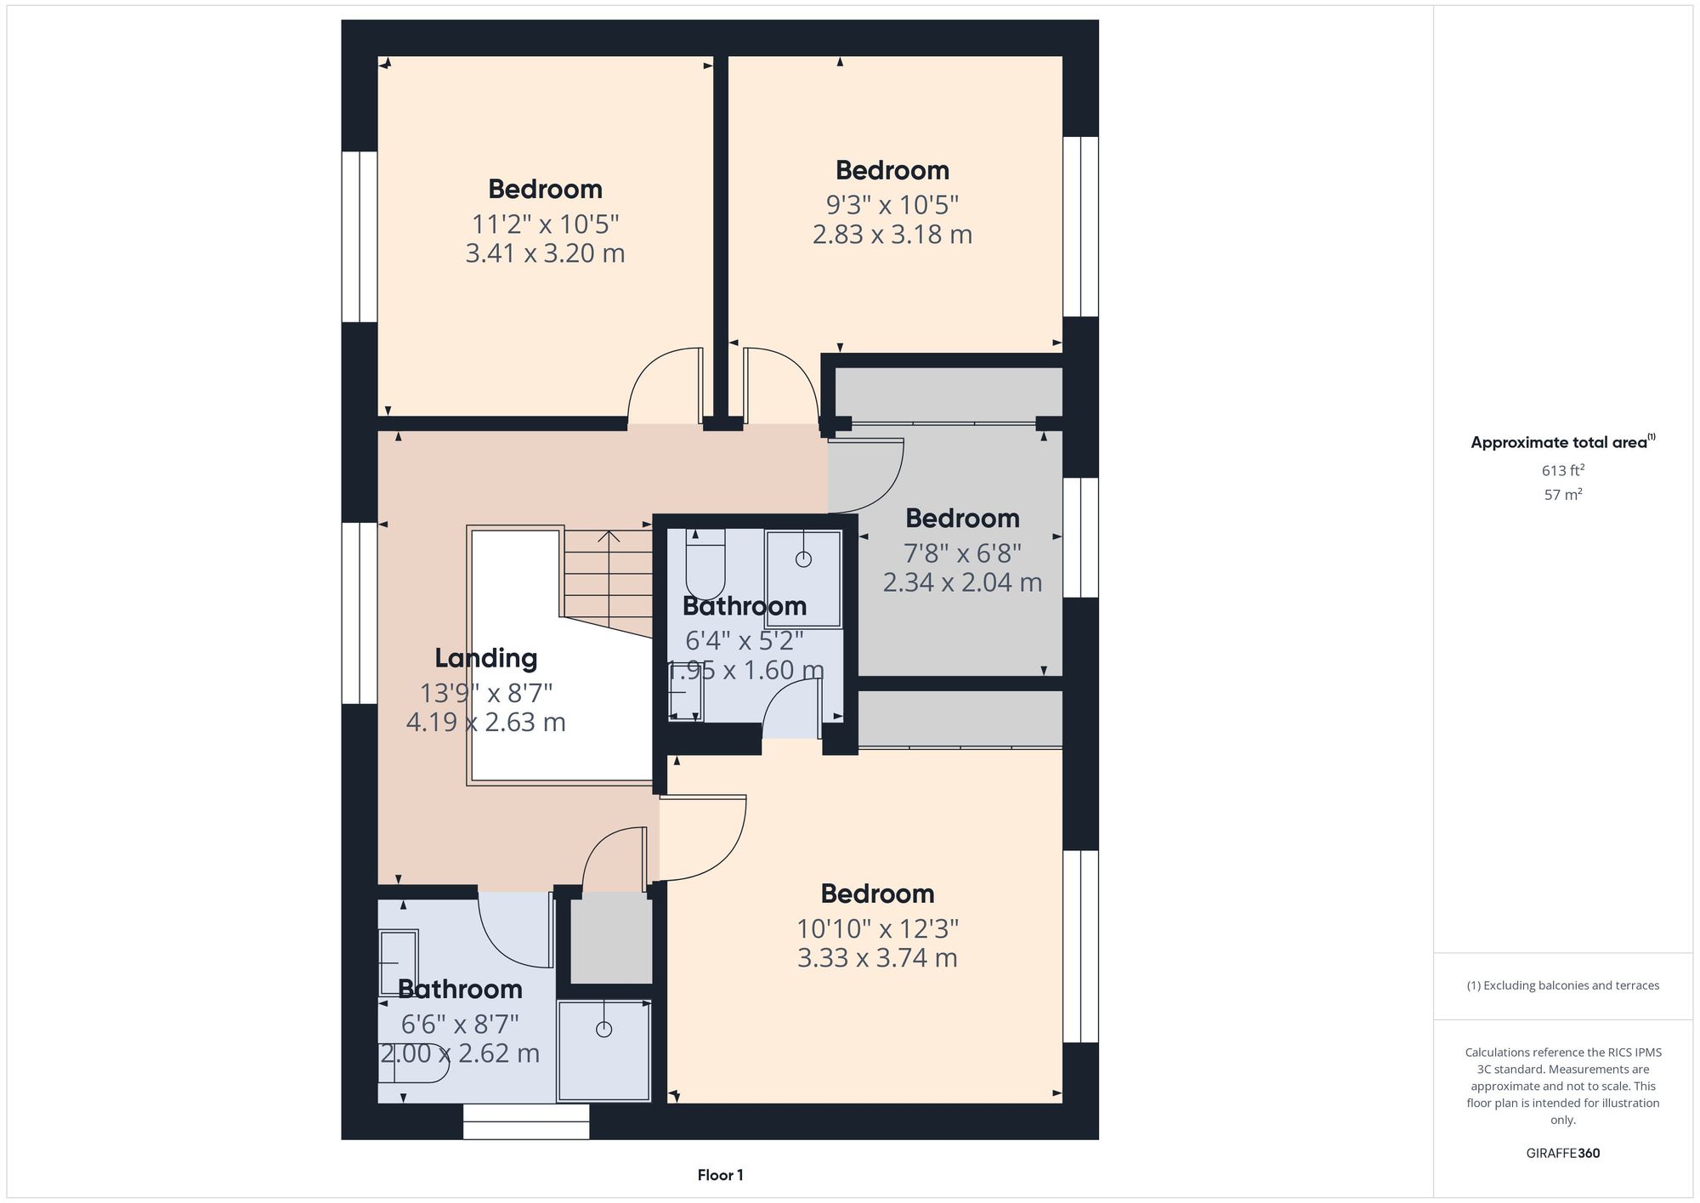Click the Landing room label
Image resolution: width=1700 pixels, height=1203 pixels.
(x=485, y=658)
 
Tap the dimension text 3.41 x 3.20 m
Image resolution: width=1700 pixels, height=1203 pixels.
(x=545, y=253)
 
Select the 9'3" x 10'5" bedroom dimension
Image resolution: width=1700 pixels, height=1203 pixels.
(x=892, y=205)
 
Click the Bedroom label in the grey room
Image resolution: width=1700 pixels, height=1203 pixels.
(x=961, y=518)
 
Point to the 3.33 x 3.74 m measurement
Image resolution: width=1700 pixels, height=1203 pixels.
(x=877, y=958)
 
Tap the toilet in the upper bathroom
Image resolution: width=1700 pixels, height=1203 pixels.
(x=705, y=565)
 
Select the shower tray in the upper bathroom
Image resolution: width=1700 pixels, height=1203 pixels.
(x=803, y=578)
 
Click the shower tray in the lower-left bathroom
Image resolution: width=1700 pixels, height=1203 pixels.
(x=604, y=1051)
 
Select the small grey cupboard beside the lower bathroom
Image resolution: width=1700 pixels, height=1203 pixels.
(x=610, y=939)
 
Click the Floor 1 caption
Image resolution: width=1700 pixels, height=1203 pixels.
(x=720, y=1175)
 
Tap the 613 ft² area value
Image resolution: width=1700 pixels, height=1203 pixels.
(x=1562, y=470)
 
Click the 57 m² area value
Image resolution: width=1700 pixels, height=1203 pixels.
(x=1562, y=495)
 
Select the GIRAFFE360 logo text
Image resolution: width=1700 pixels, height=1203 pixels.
(x=1562, y=1154)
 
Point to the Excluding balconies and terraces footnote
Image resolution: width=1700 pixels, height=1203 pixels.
(x=1562, y=985)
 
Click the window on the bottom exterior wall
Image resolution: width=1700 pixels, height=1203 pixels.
(x=526, y=1121)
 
